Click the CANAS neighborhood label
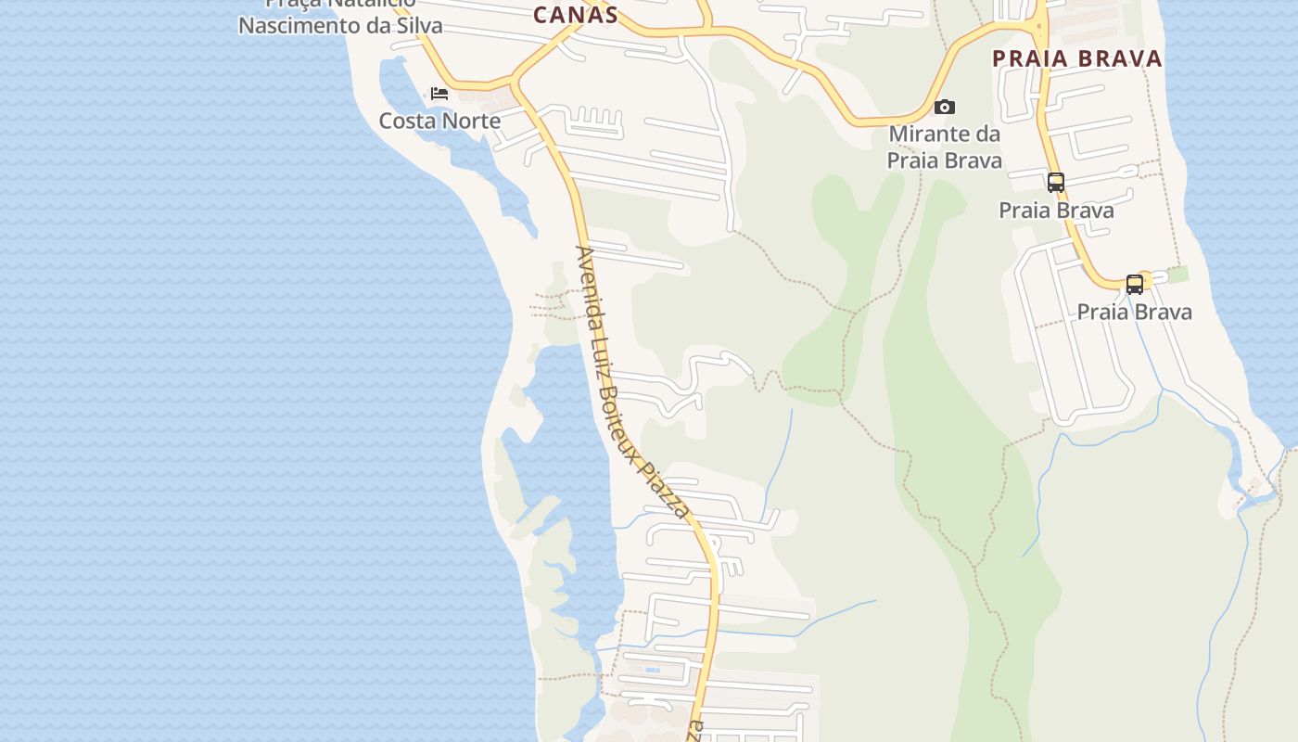pos(575,14)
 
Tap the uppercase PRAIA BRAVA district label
pos(1076,58)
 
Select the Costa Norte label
pos(439,121)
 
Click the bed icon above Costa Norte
pos(439,94)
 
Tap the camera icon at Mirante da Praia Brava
pos(945,107)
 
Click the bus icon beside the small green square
pos(1135,284)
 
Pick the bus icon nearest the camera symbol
pos(1056,182)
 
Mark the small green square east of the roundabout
pos(1177,275)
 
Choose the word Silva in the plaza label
pos(417,25)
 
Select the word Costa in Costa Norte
pos(409,121)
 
